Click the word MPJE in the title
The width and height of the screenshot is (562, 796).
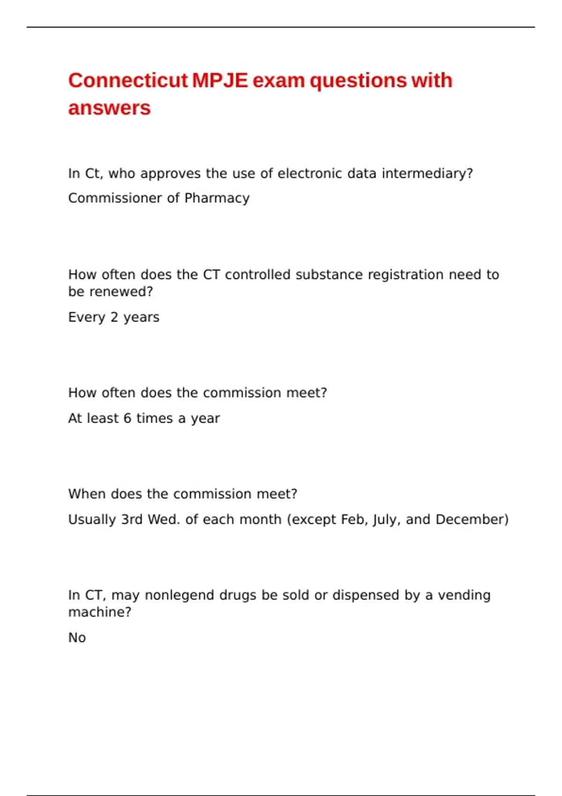point(220,81)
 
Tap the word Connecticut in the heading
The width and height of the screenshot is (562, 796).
point(128,81)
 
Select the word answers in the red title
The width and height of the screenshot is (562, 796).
point(109,108)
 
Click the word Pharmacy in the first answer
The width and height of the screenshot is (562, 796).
point(217,198)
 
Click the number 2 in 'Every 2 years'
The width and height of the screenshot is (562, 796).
point(114,317)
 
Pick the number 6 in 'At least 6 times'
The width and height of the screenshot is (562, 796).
point(127,418)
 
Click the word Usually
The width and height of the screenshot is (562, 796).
point(92,520)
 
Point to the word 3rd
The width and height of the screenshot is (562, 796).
point(132,520)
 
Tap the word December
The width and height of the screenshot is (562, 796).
point(472,520)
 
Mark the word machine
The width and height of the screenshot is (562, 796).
point(99,612)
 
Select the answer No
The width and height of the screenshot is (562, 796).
point(77,638)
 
